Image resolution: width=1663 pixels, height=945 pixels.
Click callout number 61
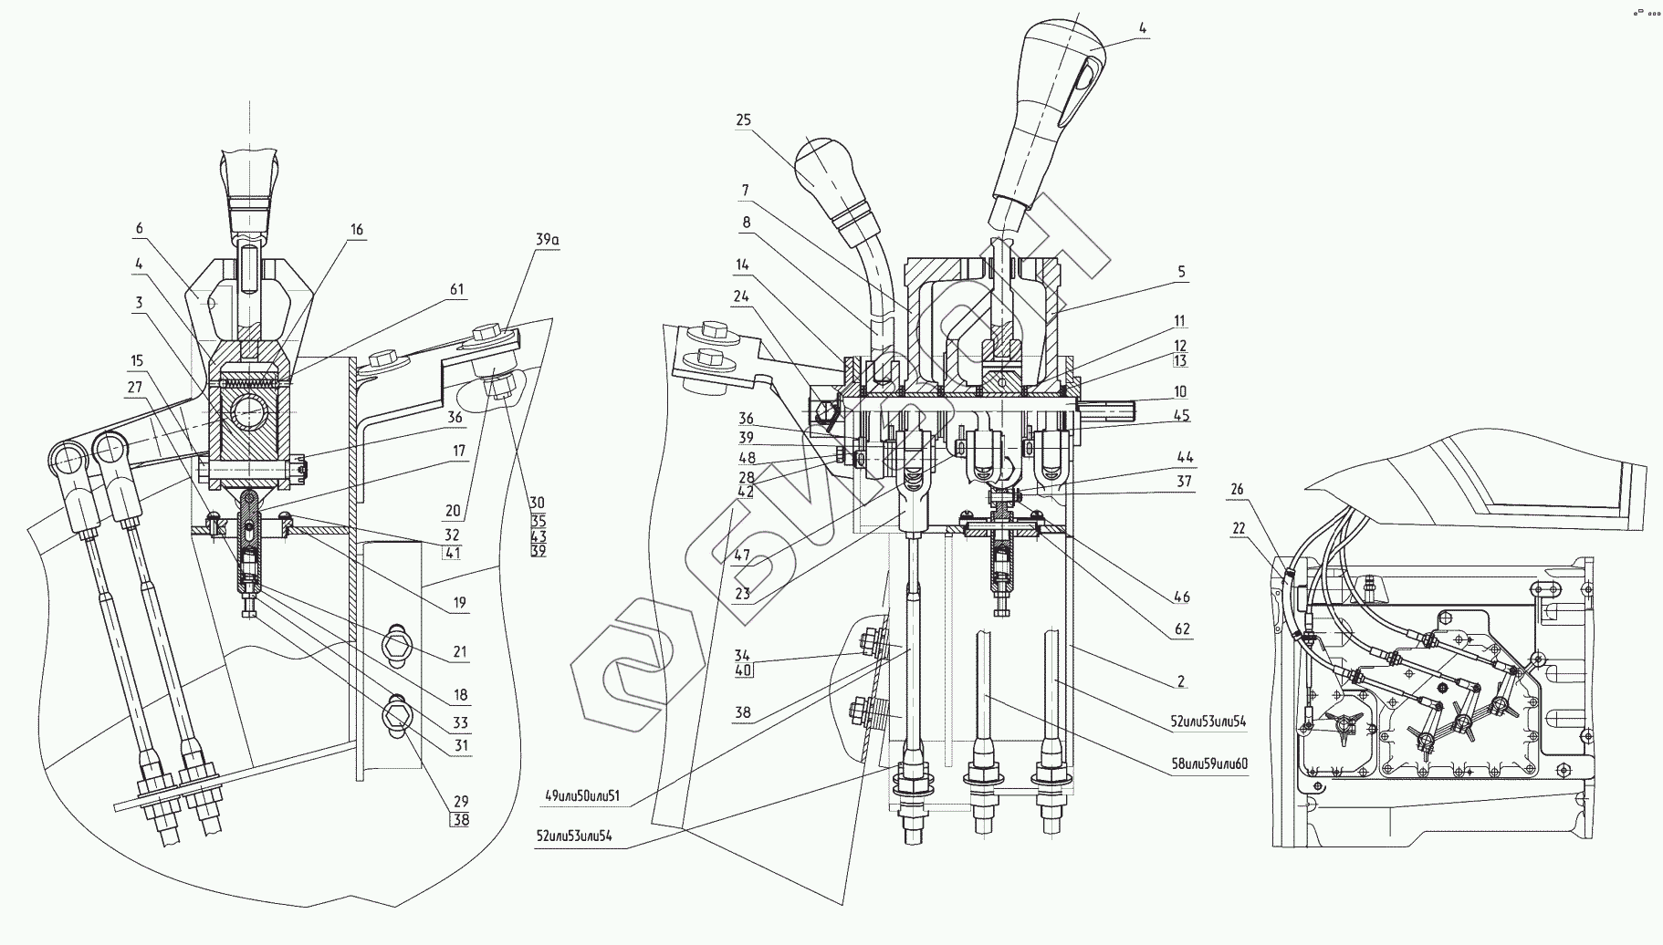coord(456,290)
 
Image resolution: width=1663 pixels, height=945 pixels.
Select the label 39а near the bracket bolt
coord(547,240)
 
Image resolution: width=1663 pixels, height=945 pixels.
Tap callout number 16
coord(357,230)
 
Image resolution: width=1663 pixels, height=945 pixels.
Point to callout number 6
coord(139,229)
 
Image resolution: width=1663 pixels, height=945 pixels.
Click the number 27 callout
coord(135,387)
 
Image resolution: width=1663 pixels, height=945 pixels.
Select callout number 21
coord(460,651)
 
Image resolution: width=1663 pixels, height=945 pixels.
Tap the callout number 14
coord(742,265)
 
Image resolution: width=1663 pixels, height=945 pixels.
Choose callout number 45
coord(1181,416)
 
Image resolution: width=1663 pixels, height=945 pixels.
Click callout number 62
coord(1181,629)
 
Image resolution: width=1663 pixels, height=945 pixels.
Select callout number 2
coord(1181,680)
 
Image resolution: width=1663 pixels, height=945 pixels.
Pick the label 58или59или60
coord(1210,763)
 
